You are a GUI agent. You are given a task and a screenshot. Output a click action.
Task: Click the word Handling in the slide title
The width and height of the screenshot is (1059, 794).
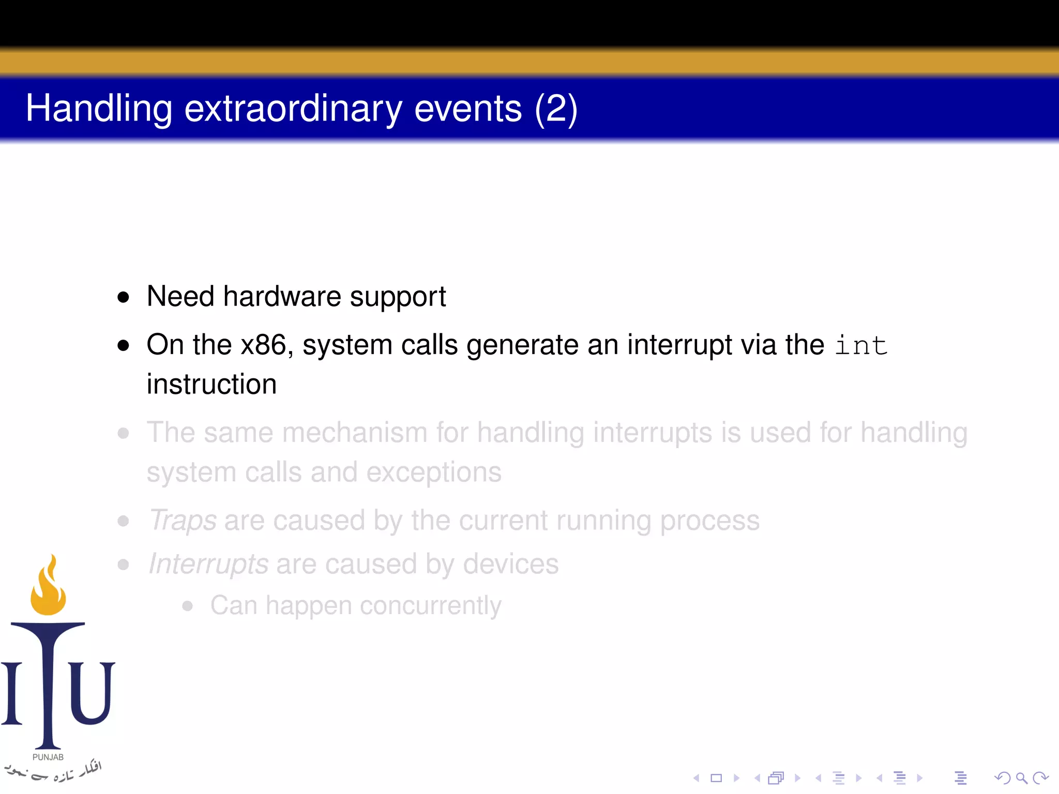tap(98, 109)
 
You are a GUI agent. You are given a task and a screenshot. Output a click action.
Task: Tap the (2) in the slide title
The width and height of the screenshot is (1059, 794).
tap(556, 109)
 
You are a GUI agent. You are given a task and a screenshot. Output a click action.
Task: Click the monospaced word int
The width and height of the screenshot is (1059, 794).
tap(861, 345)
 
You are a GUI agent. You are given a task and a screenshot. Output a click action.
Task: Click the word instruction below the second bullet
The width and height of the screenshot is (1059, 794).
tap(211, 385)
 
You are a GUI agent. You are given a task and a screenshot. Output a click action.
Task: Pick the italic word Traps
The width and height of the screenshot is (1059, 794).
tap(183, 521)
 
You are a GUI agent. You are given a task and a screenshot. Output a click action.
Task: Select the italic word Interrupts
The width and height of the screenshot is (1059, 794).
tap(208, 564)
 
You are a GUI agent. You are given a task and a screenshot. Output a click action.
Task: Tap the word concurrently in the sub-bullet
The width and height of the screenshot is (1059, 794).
tap(430, 606)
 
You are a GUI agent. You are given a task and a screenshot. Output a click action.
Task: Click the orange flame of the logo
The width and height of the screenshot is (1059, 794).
tap(48, 589)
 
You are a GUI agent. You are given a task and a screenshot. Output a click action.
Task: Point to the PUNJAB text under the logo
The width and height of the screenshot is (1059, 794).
tap(48, 757)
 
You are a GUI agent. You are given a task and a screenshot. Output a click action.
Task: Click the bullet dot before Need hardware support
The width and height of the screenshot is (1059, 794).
tap(123, 297)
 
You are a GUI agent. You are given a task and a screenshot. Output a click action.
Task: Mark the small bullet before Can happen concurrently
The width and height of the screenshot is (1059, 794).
tap(188, 606)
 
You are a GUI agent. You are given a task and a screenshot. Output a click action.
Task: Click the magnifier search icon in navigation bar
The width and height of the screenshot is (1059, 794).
tap(1021, 778)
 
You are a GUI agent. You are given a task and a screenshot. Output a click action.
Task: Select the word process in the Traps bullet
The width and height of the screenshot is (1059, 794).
tap(709, 521)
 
